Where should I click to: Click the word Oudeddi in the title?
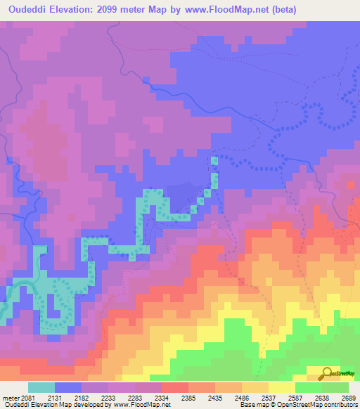(27, 10)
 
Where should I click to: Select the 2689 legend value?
(348, 398)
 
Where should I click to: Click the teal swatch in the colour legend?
(41, 387)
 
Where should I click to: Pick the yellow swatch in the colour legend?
(281, 387)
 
